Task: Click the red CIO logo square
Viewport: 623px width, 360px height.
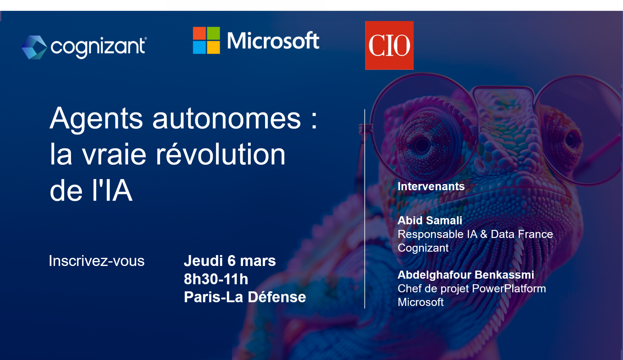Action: point(389,45)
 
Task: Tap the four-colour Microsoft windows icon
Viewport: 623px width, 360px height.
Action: point(206,40)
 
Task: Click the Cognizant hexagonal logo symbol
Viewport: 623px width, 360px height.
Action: point(34,47)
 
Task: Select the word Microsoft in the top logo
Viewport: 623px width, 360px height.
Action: point(273,41)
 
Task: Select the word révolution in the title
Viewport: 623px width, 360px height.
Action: point(220,154)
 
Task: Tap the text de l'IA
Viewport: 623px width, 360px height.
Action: point(91,191)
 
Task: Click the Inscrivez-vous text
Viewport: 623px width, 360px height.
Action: point(97,261)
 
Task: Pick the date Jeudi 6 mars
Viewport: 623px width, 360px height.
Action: point(230,261)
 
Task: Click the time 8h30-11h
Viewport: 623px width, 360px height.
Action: point(216,279)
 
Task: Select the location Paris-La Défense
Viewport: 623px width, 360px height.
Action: point(245,297)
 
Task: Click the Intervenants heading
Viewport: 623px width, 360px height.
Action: point(431,187)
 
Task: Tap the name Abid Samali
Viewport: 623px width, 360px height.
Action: point(430,220)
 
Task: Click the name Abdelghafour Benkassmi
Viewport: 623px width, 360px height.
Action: point(466,275)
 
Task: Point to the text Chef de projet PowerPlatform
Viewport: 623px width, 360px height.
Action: point(472,289)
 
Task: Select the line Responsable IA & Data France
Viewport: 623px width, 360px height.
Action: point(475,234)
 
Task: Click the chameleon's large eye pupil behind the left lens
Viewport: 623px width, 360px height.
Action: point(422,145)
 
